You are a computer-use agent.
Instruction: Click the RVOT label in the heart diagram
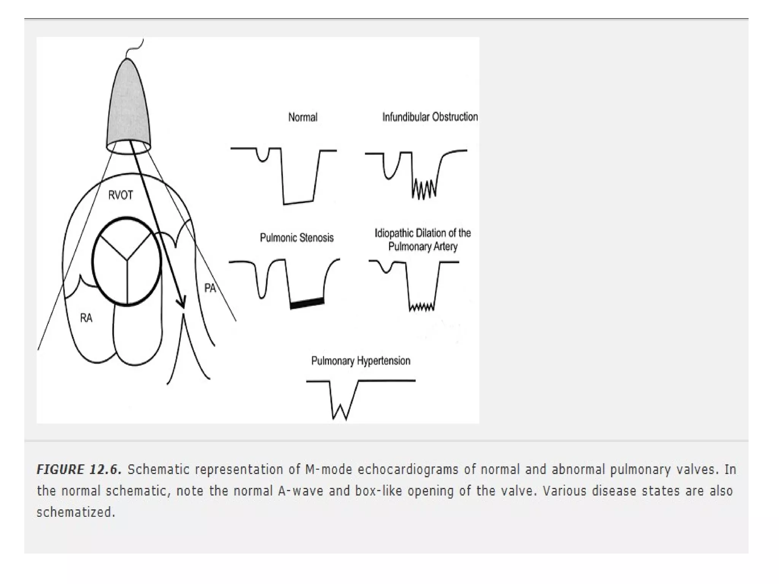coord(121,195)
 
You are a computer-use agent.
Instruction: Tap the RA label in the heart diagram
coord(86,318)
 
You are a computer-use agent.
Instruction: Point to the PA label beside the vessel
coord(210,288)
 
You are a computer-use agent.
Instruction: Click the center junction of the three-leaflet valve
coord(127,260)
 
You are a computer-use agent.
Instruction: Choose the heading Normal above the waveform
coord(303,117)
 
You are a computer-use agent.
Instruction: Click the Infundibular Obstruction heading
coord(430,117)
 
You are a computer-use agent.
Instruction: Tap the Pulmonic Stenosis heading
coord(297,238)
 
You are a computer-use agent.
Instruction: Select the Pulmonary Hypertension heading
coord(361,360)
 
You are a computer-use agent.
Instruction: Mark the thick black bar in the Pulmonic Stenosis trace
coord(307,303)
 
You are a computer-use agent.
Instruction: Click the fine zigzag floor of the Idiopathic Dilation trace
coord(421,306)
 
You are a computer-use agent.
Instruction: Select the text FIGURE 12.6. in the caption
coord(79,470)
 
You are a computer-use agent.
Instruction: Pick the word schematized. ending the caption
coord(76,512)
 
